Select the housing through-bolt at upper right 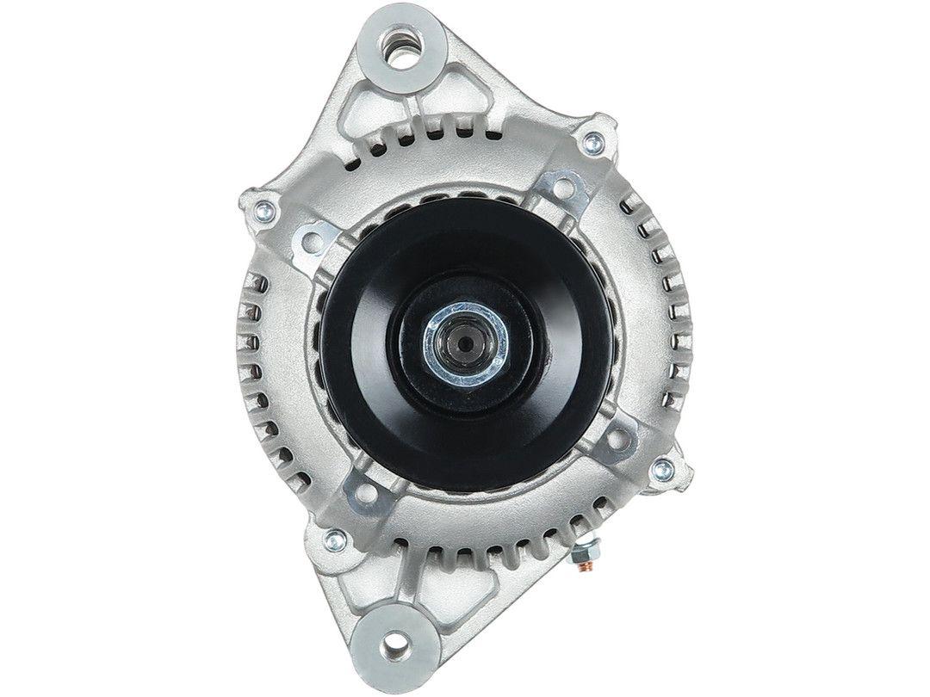[592, 143]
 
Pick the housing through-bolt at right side [662, 469]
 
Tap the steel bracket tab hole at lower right [615, 440]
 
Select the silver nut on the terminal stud [588, 552]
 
